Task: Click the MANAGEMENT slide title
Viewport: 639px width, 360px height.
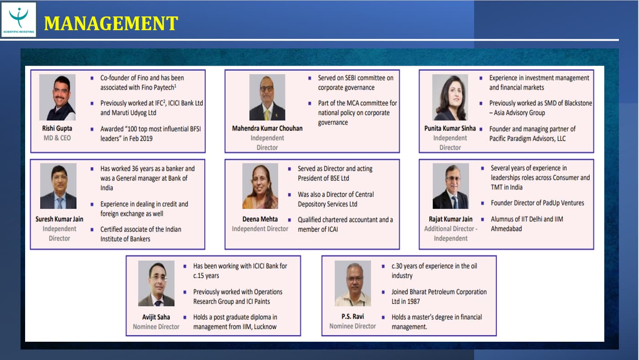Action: (x=111, y=23)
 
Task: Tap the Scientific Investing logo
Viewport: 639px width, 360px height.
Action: (x=19, y=20)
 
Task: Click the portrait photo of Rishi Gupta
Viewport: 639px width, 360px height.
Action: (x=58, y=97)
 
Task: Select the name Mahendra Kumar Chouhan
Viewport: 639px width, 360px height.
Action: (x=267, y=128)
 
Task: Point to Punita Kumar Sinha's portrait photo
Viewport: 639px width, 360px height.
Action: (x=450, y=97)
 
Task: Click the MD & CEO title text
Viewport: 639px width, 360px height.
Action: (x=57, y=138)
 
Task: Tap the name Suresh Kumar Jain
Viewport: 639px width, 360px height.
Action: (x=59, y=219)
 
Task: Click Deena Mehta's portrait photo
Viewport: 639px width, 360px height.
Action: (x=260, y=186)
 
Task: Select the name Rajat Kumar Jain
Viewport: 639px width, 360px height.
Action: (x=451, y=219)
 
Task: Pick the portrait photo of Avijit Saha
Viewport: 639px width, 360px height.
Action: (x=156, y=283)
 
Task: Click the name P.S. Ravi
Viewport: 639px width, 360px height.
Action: (x=353, y=317)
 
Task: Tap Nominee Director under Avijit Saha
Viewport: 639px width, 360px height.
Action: (x=156, y=327)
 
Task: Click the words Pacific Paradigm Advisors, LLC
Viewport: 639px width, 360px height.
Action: (x=528, y=138)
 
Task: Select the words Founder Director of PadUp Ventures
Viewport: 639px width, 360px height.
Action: (x=538, y=203)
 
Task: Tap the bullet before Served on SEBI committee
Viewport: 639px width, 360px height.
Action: (x=310, y=78)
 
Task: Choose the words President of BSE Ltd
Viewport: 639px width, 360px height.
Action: (x=323, y=178)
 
